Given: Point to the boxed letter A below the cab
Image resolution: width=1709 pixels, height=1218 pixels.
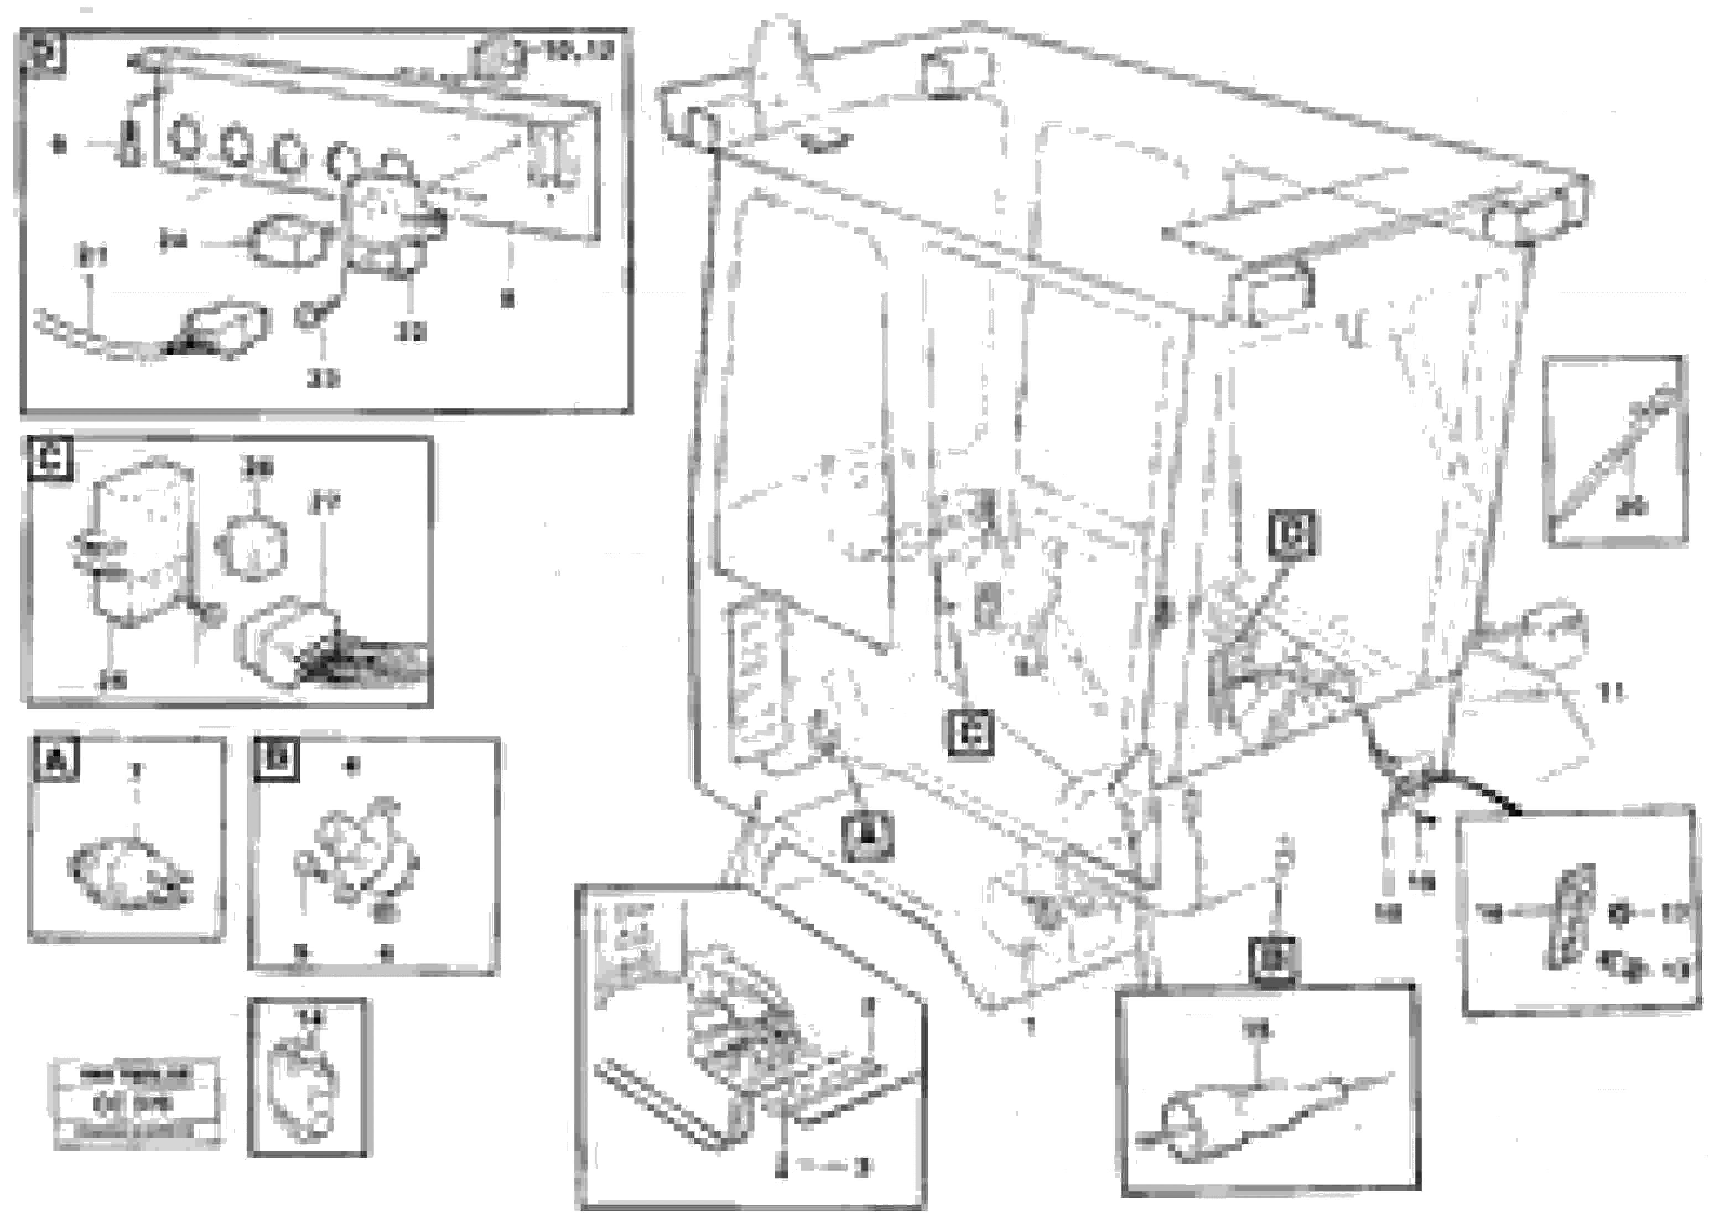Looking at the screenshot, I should [866, 838].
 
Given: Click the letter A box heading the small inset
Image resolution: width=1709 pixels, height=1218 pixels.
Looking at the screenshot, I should [56, 760].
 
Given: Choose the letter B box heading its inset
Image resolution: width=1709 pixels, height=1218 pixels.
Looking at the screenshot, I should [276, 759].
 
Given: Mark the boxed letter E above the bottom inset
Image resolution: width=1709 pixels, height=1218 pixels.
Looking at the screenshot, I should [1274, 959].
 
